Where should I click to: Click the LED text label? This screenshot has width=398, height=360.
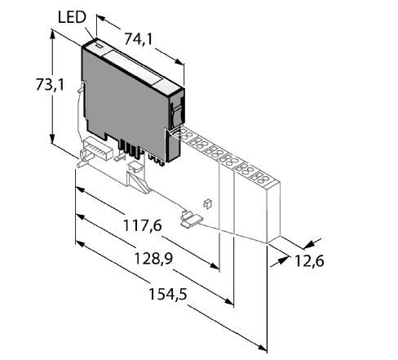(x=72, y=17)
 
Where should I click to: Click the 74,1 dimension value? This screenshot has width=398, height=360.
(x=139, y=39)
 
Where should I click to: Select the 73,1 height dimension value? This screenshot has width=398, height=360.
(x=51, y=85)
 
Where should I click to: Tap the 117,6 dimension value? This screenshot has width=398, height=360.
(x=143, y=225)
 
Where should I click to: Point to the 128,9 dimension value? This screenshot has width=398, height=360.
(x=153, y=258)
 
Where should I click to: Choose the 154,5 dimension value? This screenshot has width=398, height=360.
(x=168, y=294)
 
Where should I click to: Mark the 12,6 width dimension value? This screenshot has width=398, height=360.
(x=309, y=261)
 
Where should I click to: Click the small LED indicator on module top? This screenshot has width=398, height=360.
(x=99, y=46)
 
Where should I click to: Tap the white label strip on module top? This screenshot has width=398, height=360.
(x=132, y=68)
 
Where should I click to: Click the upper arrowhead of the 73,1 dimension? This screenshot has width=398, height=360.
(x=52, y=33)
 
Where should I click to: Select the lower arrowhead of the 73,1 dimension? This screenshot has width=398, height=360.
(x=52, y=139)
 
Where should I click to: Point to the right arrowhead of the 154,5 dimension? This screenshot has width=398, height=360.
(x=263, y=348)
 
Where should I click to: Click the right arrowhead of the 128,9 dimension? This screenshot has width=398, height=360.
(x=229, y=300)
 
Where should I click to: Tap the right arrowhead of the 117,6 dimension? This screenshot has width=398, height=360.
(x=214, y=265)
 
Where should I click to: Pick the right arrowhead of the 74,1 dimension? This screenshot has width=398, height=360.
(x=179, y=62)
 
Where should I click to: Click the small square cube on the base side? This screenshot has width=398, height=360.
(x=207, y=204)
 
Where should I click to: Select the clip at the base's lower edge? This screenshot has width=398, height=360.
(x=191, y=219)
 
